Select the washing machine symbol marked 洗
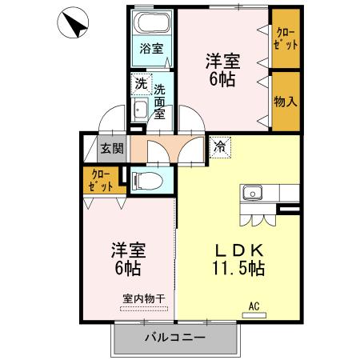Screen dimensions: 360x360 pyautogui.click(x=141, y=84)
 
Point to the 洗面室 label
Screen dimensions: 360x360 pyautogui.click(x=159, y=101)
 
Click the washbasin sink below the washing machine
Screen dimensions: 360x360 pyautogui.click(x=140, y=110)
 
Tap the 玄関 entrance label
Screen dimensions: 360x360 pyautogui.click(x=112, y=148)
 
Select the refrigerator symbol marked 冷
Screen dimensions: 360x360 pyautogui.click(x=220, y=146)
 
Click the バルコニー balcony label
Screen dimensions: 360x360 pyautogui.click(x=174, y=338)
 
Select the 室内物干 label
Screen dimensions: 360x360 pyautogui.click(x=144, y=299)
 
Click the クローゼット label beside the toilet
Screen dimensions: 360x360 pyautogui.click(x=100, y=179)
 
